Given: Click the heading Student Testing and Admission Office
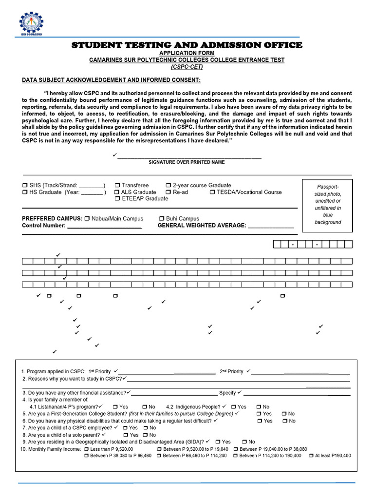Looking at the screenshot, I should (x=187, y=45).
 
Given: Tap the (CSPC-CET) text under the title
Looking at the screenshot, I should (x=187, y=67).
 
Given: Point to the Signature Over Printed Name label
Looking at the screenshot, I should (x=187, y=162).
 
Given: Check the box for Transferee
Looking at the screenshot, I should (x=117, y=186).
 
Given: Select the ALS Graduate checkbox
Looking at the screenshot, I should (x=117, y=192).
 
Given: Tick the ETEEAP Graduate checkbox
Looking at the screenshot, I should (x=117, y=199).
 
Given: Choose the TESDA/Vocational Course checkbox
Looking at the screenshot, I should (x=213, y=192).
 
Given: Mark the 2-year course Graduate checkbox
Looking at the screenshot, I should (x=168, y=186).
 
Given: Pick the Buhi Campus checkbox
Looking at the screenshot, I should (x=162, y=219).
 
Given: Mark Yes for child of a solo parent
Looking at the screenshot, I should (x=126, y=435).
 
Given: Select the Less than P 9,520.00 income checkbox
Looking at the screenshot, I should (x=86, y=449).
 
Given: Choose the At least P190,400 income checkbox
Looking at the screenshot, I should (x=311, y=456).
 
